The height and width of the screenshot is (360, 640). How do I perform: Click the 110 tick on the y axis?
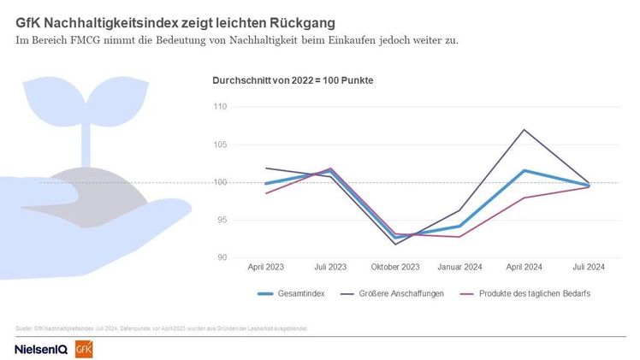pos(220,107)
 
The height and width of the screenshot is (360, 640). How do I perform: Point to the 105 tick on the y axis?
pos(220,145)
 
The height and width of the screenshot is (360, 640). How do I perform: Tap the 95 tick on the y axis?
pos(222,220)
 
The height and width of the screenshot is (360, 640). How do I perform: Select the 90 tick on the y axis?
pos(222,257)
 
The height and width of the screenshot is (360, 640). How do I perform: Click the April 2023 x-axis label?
pos(265,267)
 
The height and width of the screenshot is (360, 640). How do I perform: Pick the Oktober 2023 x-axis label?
pos(394,267)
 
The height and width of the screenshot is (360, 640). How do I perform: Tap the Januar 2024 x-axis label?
pos(459,267)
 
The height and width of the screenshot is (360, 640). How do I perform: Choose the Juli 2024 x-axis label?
pos(588,267)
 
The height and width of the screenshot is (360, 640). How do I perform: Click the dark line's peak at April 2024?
pos(524,130)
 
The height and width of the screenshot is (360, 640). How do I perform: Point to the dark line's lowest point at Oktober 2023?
pos(394,245)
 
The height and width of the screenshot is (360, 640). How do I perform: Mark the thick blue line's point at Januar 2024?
pos(459,227)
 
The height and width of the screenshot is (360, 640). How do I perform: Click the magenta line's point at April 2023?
pos(265,193)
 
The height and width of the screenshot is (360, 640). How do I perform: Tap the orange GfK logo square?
pos(84,349)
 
